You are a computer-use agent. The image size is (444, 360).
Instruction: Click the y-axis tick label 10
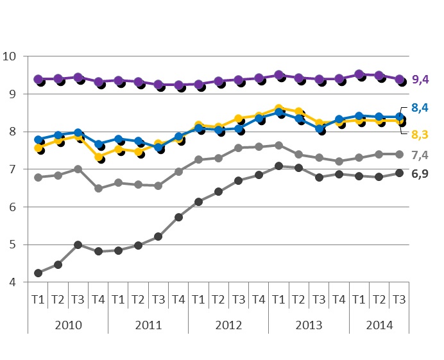coord(10,56)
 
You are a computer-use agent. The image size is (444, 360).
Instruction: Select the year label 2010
coord(68,324)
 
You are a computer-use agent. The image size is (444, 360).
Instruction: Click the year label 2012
coord(228,324)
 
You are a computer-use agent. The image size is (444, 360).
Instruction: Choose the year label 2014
coord(379,324)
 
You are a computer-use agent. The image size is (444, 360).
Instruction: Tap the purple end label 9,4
coord(421,80)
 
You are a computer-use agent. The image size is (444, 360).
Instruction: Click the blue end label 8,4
coord(421,107)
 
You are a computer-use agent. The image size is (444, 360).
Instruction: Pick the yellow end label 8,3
coord(421,134)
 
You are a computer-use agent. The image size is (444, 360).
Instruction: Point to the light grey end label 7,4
coord(421,155)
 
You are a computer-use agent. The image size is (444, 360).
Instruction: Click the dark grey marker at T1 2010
coord(38,273)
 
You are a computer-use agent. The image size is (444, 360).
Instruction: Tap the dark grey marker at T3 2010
coord(78,244)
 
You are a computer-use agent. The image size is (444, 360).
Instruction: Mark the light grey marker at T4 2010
coord(98,189)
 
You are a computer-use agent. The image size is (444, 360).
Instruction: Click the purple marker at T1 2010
coord(38,79)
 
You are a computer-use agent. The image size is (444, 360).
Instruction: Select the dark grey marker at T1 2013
coord(278,166)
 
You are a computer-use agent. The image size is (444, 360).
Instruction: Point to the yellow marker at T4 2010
coord(98,157)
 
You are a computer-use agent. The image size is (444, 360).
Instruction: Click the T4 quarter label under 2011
coord(178,298)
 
